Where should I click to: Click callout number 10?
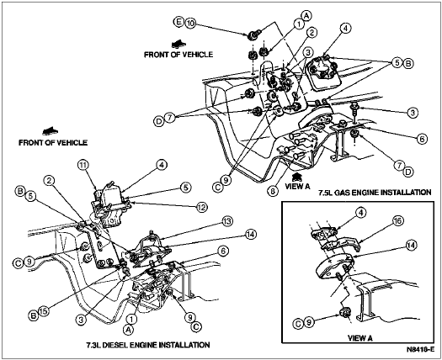click(190, 23)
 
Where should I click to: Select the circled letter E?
click(178, 22)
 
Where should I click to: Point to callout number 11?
click(83, 166)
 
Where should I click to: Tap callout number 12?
click(202, 207)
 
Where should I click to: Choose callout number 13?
click(227, 221)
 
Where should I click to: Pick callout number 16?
click(398, 220)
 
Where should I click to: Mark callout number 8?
click(273, 191)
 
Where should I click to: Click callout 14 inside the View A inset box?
click(412, 245)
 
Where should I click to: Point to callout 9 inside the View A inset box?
click(309, 321)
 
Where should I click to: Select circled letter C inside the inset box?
click(298, 324)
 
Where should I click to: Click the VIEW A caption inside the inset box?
click(360, 338)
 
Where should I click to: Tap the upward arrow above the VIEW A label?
click(297, 177)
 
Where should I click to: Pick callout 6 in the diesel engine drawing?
click(223, 251)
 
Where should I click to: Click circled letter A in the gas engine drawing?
click(306, 16)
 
